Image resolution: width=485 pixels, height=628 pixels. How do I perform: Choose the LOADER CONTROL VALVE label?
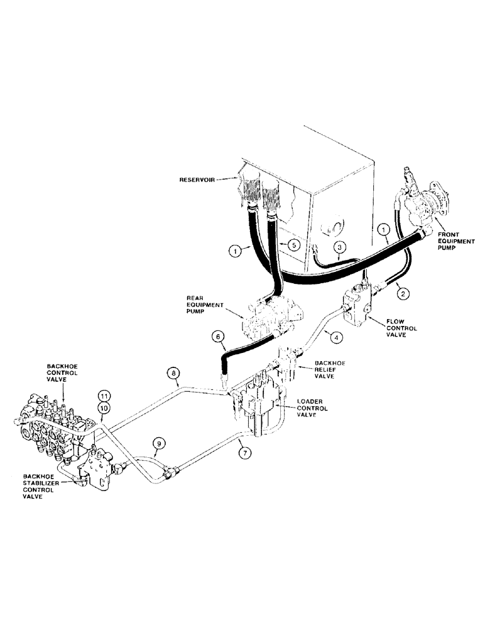303,406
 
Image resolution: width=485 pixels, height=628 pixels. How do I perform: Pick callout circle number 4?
337,337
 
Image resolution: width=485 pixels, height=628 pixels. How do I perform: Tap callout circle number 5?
285,241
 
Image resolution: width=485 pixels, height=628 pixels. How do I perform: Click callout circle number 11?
103,396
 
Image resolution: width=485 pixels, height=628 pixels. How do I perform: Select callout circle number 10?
103,408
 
